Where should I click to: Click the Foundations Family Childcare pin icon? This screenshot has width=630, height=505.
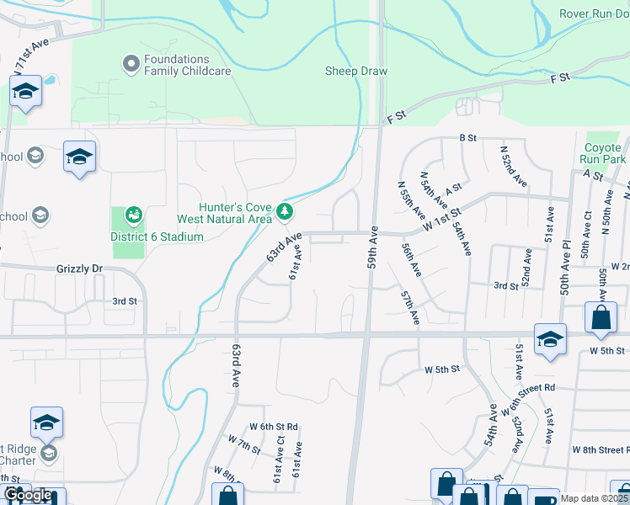(131, 64)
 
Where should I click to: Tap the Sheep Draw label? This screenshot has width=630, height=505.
(356, 72)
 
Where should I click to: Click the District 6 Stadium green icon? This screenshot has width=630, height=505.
(133, 217)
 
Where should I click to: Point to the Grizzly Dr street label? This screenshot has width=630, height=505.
(79, 268)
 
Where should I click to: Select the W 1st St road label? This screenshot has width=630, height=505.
(443, 209)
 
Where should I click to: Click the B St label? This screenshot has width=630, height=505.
(467, 137)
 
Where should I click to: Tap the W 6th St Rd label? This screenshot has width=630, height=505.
(274, 427)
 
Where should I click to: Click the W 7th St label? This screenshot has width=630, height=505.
(244, 444)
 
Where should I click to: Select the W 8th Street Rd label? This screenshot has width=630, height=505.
(601, 450)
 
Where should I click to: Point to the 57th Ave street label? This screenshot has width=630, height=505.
(410, 308)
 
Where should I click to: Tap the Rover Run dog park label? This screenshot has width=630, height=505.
(593, 14)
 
